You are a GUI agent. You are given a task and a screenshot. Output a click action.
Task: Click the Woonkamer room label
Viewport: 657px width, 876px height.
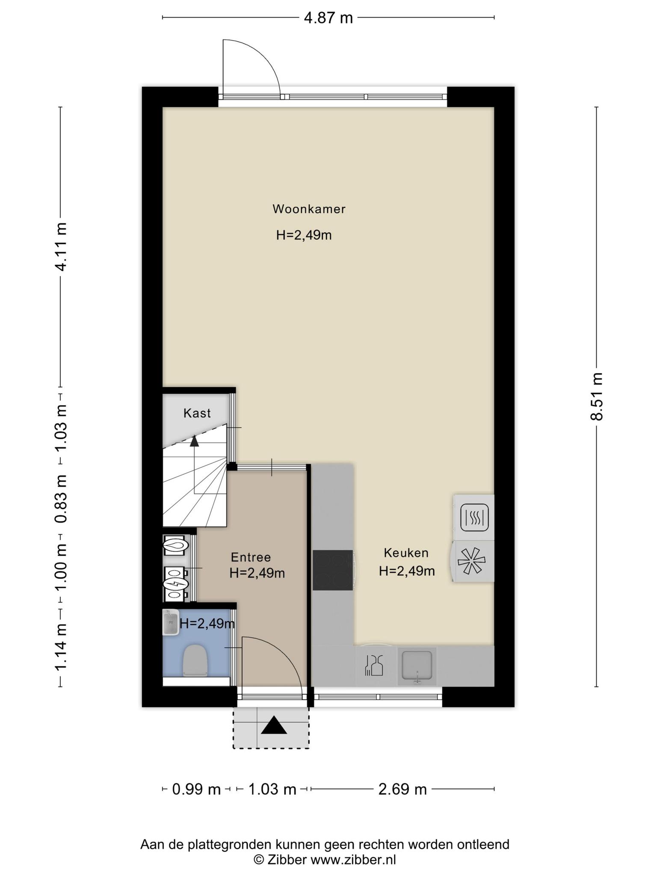tap(309, 209)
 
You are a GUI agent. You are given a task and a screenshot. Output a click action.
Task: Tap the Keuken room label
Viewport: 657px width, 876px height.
tap(406, 553)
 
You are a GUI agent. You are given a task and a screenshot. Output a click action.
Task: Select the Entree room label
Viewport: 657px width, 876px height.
tap(251, 557)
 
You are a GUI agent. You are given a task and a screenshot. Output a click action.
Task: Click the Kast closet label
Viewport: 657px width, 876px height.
tap(197, 413)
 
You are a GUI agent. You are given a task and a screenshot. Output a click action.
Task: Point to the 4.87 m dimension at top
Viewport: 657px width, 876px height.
tap(328, 18)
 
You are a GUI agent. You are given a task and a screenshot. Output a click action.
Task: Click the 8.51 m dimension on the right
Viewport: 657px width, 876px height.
tap(597, 397)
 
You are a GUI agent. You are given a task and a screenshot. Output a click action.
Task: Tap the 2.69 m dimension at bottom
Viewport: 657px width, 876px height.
tap(402, 789)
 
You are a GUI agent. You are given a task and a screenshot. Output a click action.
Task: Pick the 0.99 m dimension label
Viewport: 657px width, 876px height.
tap(196, 789)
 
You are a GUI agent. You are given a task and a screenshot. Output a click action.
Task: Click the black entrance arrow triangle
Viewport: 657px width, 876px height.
tap(273, 725)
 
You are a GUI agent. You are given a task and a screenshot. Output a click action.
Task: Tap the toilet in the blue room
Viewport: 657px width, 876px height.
tap(195, 660)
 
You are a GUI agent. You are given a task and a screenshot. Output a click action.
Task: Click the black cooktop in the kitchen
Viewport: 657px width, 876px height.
tap(333, 570)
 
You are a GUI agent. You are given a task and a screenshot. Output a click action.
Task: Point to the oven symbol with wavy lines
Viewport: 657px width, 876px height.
tap(474, 518)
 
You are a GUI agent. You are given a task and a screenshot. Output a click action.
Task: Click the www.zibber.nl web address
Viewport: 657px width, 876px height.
tap(353, 859)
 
